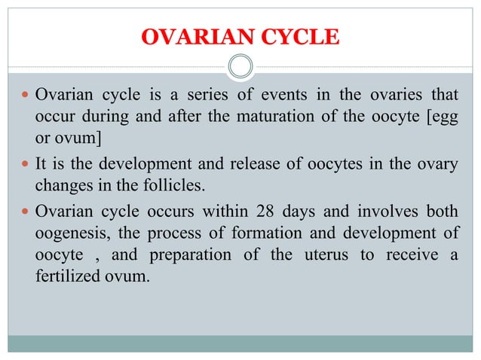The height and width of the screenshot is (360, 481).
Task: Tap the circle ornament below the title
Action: tap(240, 68)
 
